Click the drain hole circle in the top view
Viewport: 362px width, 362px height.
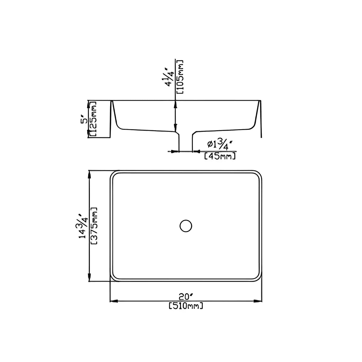point(186,226)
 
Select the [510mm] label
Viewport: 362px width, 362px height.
point(185,306)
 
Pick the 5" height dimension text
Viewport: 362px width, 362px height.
point(84,120)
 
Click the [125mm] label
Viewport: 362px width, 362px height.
point(94,120)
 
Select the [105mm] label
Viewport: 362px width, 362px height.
point(180,77)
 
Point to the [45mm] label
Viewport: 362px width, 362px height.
point(220,156)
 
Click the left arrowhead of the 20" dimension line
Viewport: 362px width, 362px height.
point(113,301)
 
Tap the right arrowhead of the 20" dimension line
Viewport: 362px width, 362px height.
point(257,301)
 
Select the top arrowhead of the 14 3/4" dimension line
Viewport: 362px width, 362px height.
point(89,174)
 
